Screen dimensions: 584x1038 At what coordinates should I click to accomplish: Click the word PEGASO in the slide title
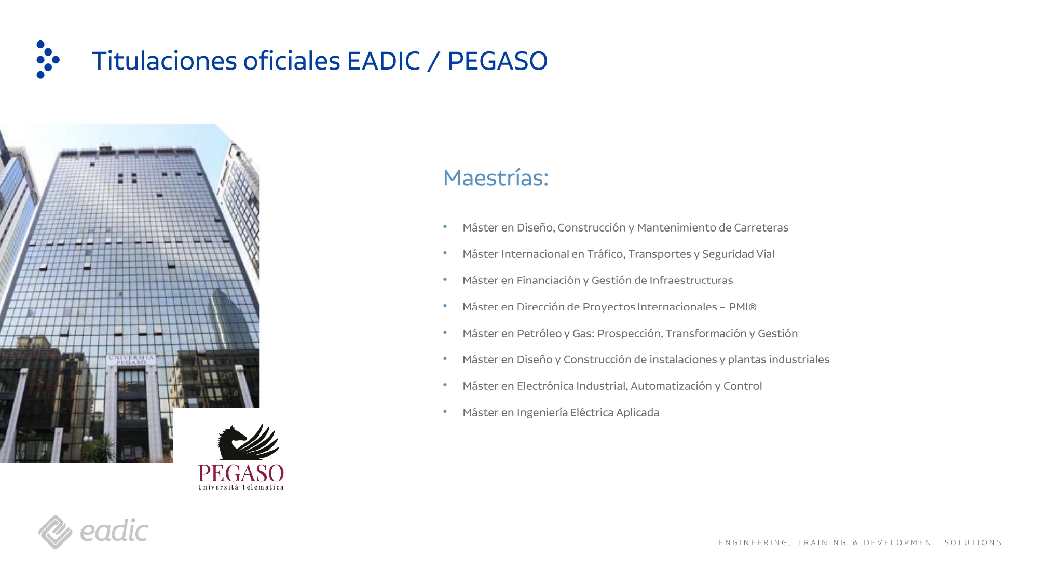click(x=497, y=61)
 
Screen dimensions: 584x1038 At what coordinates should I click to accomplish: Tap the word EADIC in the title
click(x=383, y=61)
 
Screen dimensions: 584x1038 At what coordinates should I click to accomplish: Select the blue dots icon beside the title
click(x=48, y=60)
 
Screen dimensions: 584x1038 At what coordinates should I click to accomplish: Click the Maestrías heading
click(x=496, y=178)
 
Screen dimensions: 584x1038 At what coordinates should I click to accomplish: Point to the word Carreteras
click(x=761, y=227)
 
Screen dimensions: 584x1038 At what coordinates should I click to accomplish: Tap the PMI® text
click(x=742, y=307)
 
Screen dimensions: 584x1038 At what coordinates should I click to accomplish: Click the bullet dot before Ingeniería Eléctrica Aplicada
click(x=445, y=412)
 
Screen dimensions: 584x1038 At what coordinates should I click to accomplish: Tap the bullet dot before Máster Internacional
click(x=445, y=253)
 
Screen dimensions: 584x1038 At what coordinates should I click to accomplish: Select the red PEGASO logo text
click(x=241, y=473)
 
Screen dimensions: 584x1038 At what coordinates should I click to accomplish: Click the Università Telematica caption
click(x=241, y=487)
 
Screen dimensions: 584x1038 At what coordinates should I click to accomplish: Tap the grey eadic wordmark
click(x=114, y=531)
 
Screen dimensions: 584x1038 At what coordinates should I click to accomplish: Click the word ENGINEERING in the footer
click(x=754, y=542)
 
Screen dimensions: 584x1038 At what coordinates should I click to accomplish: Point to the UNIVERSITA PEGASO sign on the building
click(x=131, y=359)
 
